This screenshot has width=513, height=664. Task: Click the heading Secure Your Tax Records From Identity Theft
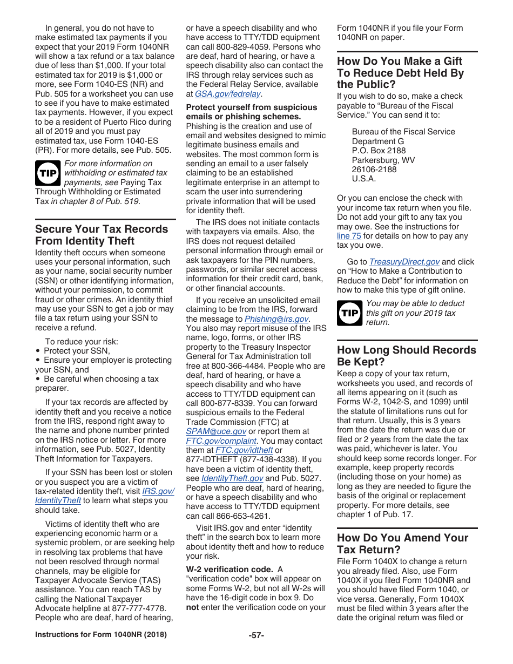(102, 235)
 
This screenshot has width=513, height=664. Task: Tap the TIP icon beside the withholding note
(48, 173)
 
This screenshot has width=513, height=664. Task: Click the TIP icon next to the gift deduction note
(349, 313)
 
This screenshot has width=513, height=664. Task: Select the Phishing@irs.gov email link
(276, 319)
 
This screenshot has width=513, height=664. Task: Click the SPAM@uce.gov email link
(216, 431)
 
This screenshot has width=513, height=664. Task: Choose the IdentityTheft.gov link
(232, 478)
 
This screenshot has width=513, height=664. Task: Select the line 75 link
(349, 236)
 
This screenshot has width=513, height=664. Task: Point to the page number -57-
(256, 635)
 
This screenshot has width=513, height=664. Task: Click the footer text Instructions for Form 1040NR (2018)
(101, 635)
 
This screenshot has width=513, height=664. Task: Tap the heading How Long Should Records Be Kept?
(406, 356)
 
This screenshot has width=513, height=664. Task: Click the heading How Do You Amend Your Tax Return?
(402, 544)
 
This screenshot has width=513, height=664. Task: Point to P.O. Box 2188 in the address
(379, 151)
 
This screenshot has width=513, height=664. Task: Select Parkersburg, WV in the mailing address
(383, 160)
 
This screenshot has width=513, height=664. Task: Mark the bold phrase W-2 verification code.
(230, 570)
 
